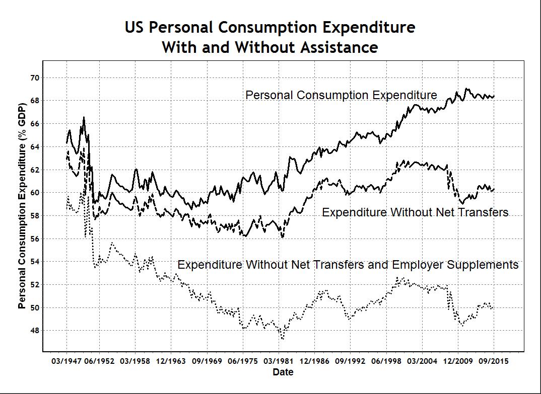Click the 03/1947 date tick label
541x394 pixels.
click(66, 361)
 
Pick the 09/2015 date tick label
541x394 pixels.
click(493, 361)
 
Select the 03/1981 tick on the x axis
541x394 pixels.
click(283, 361)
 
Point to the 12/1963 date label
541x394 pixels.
click(172, 361)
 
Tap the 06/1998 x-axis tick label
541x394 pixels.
click(386, 361)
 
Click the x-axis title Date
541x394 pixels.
click(283, 372)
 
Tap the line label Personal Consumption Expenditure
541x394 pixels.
click(341, 95)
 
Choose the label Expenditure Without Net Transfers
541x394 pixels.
click(415, 212)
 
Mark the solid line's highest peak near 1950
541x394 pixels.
click(84, 117)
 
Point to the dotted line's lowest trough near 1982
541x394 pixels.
click(283, 339)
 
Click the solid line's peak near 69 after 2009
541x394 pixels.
click(467, 89)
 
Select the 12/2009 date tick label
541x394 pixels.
click(458, 361)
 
